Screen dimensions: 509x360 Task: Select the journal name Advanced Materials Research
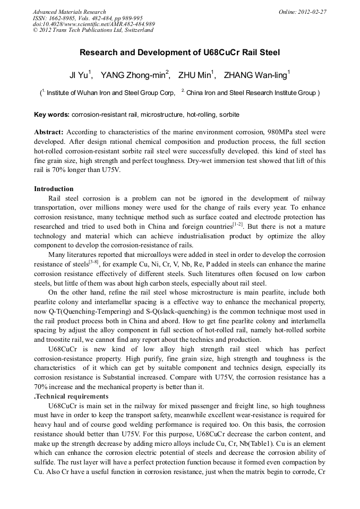(70, 12)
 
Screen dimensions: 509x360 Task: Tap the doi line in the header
(93, 24)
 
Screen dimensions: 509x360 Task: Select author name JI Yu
(80, 75)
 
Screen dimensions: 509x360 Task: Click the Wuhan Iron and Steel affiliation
(110, 93)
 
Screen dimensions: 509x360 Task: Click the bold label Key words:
(52, 115)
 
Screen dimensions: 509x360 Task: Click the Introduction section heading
(54, 189)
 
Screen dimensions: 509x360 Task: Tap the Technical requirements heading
(72, 396)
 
